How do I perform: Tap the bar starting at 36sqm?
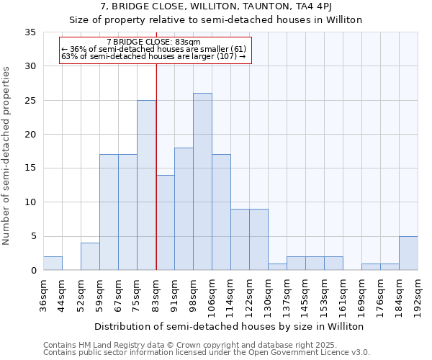click(53, 264)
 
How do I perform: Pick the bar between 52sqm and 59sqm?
click(90, 256)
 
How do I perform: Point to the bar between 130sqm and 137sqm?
click(277, 266)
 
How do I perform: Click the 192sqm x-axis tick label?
click(418, 294)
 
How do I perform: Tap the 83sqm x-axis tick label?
click(156, 294)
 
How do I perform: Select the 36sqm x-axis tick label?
click(44, 294)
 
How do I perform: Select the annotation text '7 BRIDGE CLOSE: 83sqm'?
click(153, 42)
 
